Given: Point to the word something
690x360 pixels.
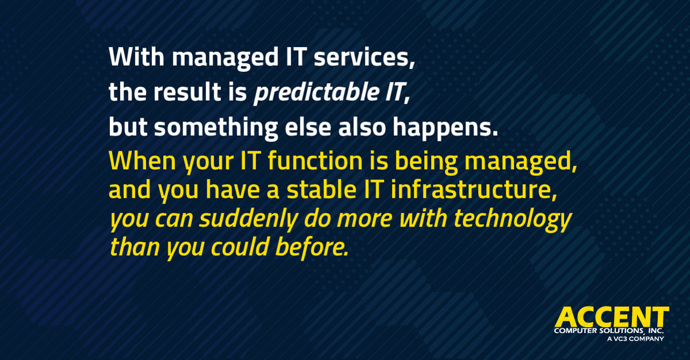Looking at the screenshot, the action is [x=216, y=128].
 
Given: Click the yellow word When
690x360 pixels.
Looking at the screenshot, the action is [x=142, y=162].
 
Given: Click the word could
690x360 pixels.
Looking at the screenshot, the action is [x=240, y=247].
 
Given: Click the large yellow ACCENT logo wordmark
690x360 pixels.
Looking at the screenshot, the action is [x=612, y=317].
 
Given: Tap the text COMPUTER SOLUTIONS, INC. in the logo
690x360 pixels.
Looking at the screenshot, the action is [x=609, y=331].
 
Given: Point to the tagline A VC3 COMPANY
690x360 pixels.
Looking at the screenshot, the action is [x=635, y=339].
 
